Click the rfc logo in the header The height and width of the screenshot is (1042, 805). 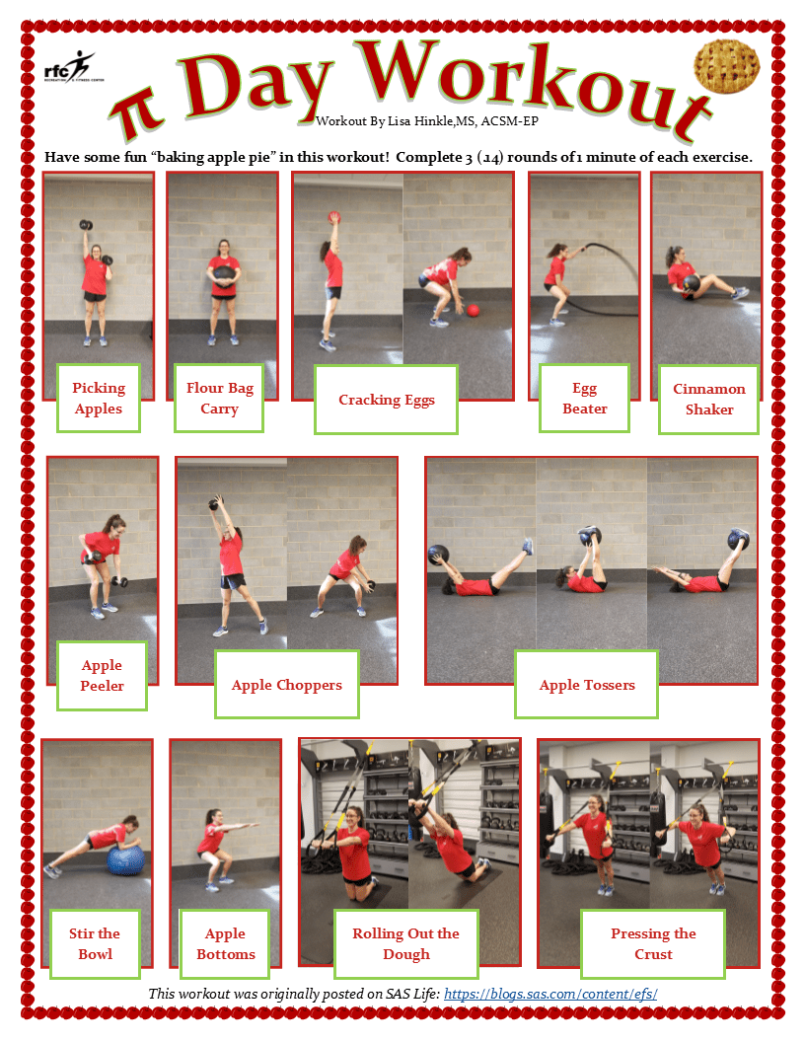pos(73,66)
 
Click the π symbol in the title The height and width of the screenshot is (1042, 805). pos(137,114)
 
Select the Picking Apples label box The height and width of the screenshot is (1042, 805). pos(99,398)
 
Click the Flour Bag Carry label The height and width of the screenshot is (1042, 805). pos(219,398)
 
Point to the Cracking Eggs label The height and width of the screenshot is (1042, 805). pos(386,400)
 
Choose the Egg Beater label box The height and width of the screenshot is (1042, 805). pos(584,398)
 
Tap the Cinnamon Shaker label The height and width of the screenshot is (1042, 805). pos(708,400)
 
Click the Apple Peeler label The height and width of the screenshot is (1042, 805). pos(102,675)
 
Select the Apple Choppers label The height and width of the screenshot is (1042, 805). pos(287,685)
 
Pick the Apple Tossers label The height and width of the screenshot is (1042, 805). pos(586,685)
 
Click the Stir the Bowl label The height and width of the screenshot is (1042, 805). pos(95,943)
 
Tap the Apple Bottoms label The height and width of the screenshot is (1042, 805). pos(225,943)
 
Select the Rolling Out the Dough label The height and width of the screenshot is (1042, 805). pos(405,943)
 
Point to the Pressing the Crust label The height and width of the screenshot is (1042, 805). pos(653,943)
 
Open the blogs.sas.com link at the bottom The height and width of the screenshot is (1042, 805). pos(550,994)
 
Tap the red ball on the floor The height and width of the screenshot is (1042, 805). pos(473,311)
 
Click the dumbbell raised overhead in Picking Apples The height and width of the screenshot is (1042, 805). pos(86,225)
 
